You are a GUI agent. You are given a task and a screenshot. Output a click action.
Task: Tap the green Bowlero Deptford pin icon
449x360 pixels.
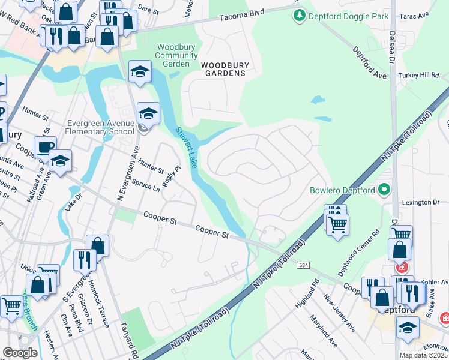click(385, 191)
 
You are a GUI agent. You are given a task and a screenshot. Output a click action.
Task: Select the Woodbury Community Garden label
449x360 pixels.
click(177, 55)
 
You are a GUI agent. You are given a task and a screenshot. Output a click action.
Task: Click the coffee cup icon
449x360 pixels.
click(44, 146)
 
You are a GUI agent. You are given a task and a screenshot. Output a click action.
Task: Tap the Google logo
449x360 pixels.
click(20, 353)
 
